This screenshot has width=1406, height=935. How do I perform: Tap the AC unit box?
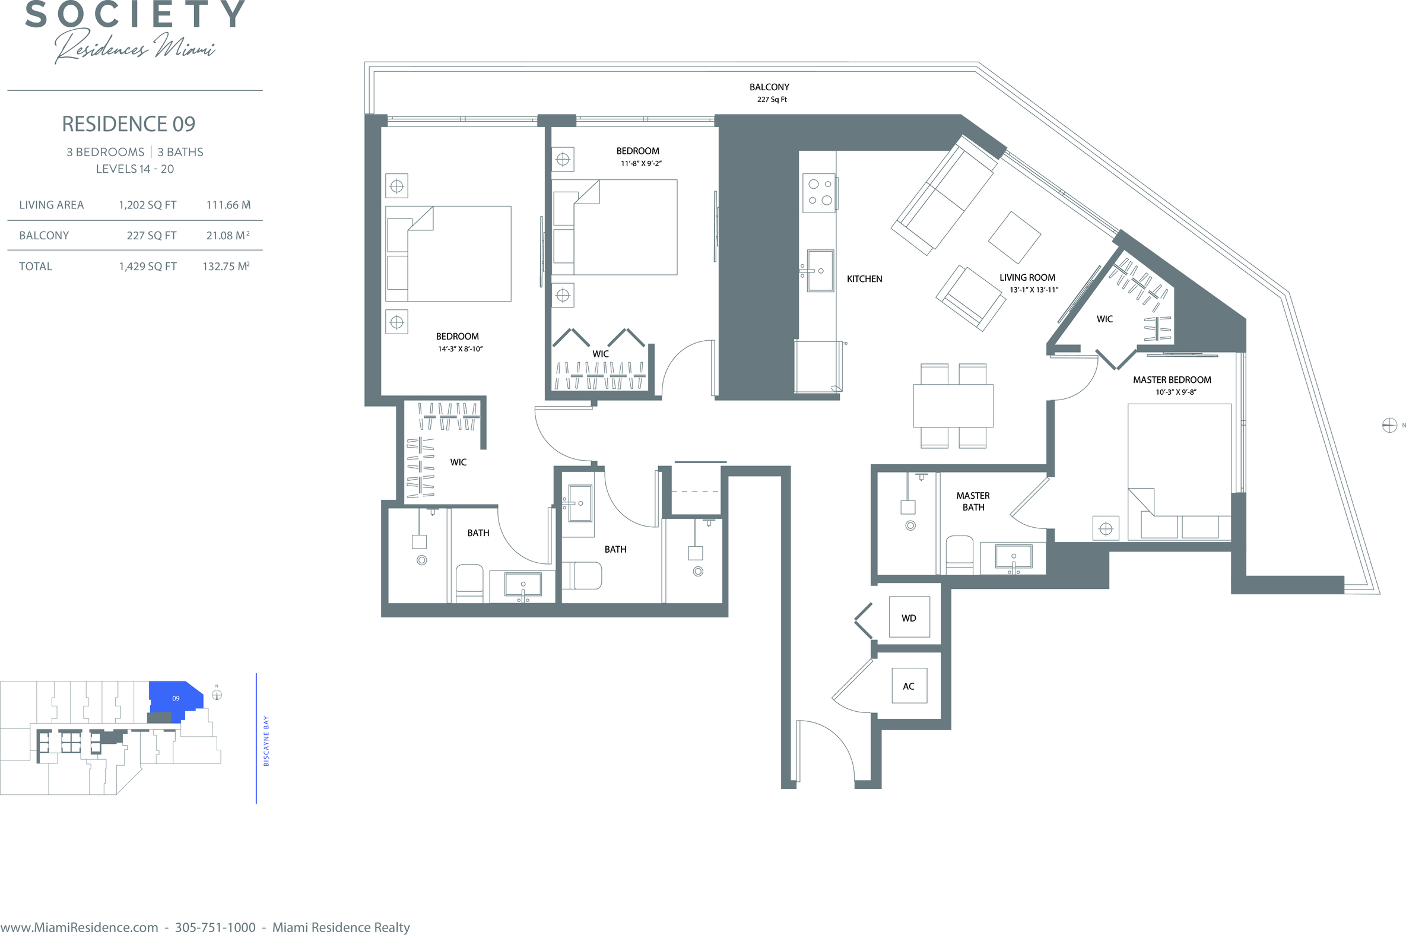(x=908, y=686)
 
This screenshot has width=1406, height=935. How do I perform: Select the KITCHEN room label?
(x=864, y=279)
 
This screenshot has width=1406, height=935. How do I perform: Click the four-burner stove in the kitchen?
(x=820, y=192)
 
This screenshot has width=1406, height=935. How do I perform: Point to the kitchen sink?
(x=820, y=271)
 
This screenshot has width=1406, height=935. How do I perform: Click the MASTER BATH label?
(x=973, y=502)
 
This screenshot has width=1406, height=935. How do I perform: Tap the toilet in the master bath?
(x=960, y=556)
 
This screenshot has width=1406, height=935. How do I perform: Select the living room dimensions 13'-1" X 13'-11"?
(x=1034, y=290)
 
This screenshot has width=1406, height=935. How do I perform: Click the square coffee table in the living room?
(x=1014, y=237)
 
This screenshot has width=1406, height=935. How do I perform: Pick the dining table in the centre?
(x=953, y=405)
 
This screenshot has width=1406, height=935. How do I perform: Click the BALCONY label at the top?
(x=769, y=87)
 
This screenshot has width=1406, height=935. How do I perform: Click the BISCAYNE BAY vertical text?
(x=266, y=741)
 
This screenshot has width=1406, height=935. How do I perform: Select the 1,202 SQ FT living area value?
(x=148, y=205)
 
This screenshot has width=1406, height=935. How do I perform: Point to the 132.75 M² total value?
(x=226, y=267)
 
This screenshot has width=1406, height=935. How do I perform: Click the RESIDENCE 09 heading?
(x=129, y=124)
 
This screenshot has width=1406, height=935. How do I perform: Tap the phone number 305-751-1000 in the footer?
(x=215, y=927)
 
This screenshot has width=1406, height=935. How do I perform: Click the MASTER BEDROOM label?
(x=1172, y=380)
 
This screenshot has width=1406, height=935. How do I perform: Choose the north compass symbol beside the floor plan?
(x=1389, y=425)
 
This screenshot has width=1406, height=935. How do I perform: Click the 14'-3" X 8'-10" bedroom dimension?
(x=460, y=349)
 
